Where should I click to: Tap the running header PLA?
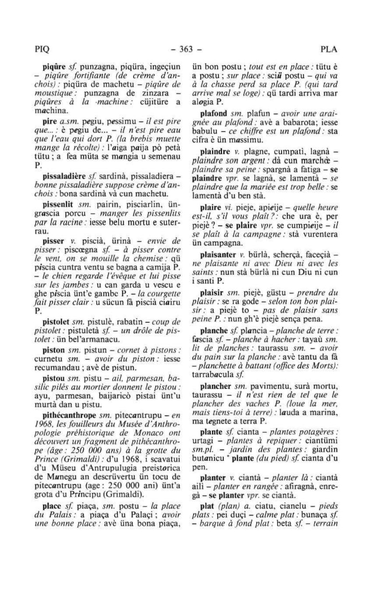[x=329, y=50]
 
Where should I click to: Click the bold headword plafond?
[x=213, y=113]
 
